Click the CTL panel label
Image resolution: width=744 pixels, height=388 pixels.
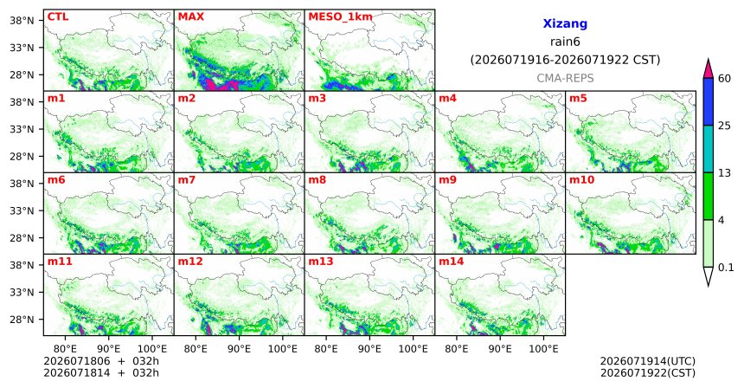(x=58, y=17)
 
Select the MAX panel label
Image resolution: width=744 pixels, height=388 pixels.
(x=190, y=17)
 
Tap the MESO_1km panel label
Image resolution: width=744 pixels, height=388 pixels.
(x=340, y=17)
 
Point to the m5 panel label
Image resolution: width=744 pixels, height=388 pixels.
(x=578, y=99)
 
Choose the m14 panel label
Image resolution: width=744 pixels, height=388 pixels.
(x=452, y=262)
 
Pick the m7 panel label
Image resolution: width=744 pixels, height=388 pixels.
(x=187, y=180)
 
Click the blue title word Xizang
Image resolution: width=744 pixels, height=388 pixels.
(x=565, y=23)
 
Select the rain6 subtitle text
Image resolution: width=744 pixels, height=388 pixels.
(x=565, y=42)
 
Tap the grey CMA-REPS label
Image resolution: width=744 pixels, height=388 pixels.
(x=565, y=78)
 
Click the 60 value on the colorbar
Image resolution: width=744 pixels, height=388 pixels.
(x=724, y=79)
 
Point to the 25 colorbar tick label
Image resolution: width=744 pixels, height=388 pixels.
(x=724, y=126)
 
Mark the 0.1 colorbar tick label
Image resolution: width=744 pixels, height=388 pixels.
(x=726, y=268)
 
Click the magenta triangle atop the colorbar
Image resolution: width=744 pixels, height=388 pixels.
(x=709, y=69)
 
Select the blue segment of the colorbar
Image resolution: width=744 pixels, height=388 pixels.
(x=709, y=101)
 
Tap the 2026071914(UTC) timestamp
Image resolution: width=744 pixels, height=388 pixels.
(x=648, y=362)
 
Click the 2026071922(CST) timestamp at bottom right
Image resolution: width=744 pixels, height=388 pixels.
(x=648, y=372)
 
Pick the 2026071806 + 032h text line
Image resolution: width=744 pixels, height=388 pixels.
(x=101, y=362)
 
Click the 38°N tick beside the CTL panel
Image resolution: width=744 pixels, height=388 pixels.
(x=22, y=21)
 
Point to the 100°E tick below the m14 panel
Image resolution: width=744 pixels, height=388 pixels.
(x=543, y=349)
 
